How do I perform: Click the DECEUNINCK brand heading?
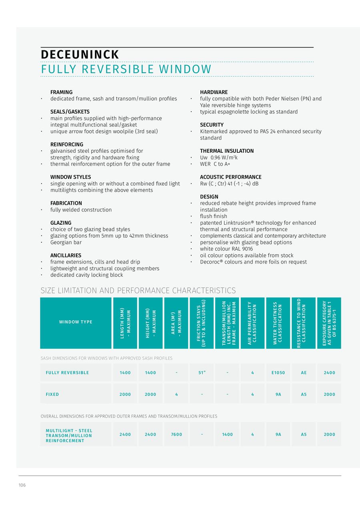pyautogui.click(x=80, y=54)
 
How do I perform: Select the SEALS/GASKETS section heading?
pyautogui.click(x=70, y=112)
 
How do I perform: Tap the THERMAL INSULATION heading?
pyautogui.click(x=227, y=151)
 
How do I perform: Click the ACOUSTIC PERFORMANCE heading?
pyautogui.click(x=231, y=177)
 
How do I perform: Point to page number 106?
pyautogui.click(x=22, y=485)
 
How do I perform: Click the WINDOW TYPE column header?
pyautogui.click(x=76, y=322)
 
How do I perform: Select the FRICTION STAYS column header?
pyautogui.click(x=202, y=323)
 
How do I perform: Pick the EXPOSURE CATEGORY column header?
pyautogui.click(x=329, y=323)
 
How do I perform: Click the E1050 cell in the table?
pyautogui.click(x=278, y=373)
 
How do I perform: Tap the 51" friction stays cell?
pyautogui.click(x=202, y=373)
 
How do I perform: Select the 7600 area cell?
pyautogui.click(x=176, y=434)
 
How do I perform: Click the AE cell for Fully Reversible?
pyautogui.click(x=304, y=373)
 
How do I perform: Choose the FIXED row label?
pyautogui.click(x=52, y=394)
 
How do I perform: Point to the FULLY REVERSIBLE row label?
pyautogui.click(x=67, y=373)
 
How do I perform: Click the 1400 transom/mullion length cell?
pyautogui.click(x=227, y=434)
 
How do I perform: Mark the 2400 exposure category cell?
pyautogui.click(x=329, y=373)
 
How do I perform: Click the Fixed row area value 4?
pyautogui.click(x=176, y=394)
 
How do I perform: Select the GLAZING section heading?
pyautogui.click(x=61, y=223)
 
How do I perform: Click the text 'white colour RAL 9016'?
pyautogui.click(x=226, y=249)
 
